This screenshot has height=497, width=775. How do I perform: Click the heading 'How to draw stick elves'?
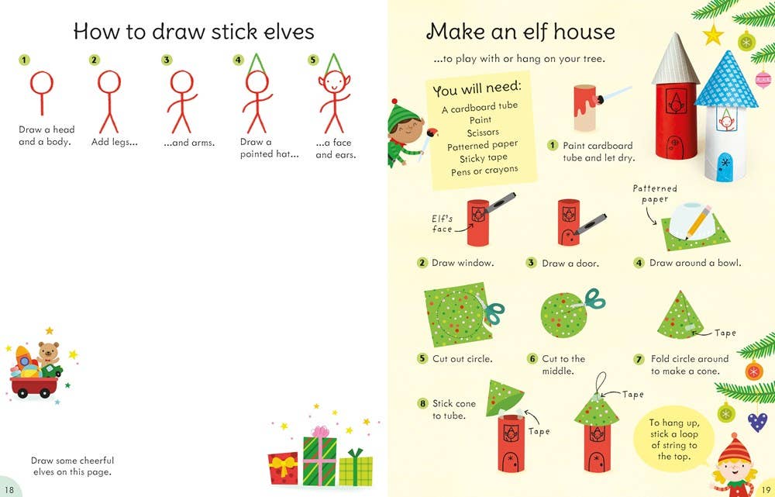coord(193,32)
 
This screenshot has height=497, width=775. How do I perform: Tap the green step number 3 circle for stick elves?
coord(167,60)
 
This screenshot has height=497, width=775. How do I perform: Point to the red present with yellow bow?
coord(283,468)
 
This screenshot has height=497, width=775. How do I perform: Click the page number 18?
coord(9,488)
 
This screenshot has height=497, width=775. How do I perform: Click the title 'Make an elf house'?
coord(520,32)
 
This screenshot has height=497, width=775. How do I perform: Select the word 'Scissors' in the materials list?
coord(482,133)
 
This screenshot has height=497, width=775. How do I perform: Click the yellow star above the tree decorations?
coord(712,35)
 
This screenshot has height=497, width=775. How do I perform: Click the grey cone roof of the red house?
coord(676,58)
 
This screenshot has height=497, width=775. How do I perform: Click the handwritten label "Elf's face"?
coord(443,224)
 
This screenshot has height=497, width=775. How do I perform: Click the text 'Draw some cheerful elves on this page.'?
coord(73,466)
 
